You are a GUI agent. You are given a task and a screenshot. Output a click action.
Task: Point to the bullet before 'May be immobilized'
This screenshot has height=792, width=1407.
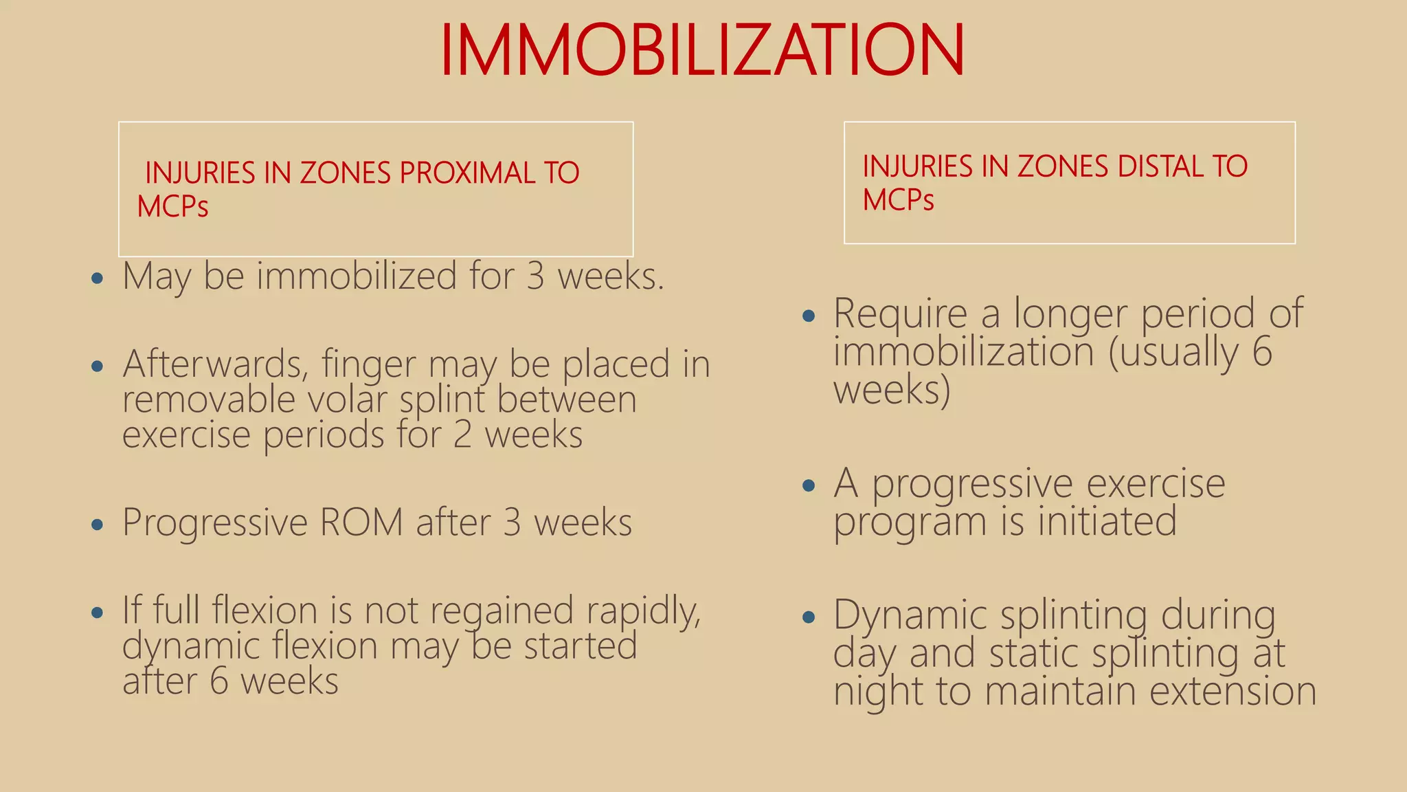point(98,278)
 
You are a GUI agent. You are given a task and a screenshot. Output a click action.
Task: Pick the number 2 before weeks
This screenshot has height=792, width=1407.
point(462,435)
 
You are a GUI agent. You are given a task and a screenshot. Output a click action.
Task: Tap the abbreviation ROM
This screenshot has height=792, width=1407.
point(361,522)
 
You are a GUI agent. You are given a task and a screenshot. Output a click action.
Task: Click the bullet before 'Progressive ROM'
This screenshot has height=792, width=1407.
point(98,525)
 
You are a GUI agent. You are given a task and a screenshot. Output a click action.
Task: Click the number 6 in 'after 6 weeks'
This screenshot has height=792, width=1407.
point(218,681)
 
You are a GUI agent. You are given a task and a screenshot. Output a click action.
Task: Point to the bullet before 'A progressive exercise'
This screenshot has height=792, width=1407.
point(809,486)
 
